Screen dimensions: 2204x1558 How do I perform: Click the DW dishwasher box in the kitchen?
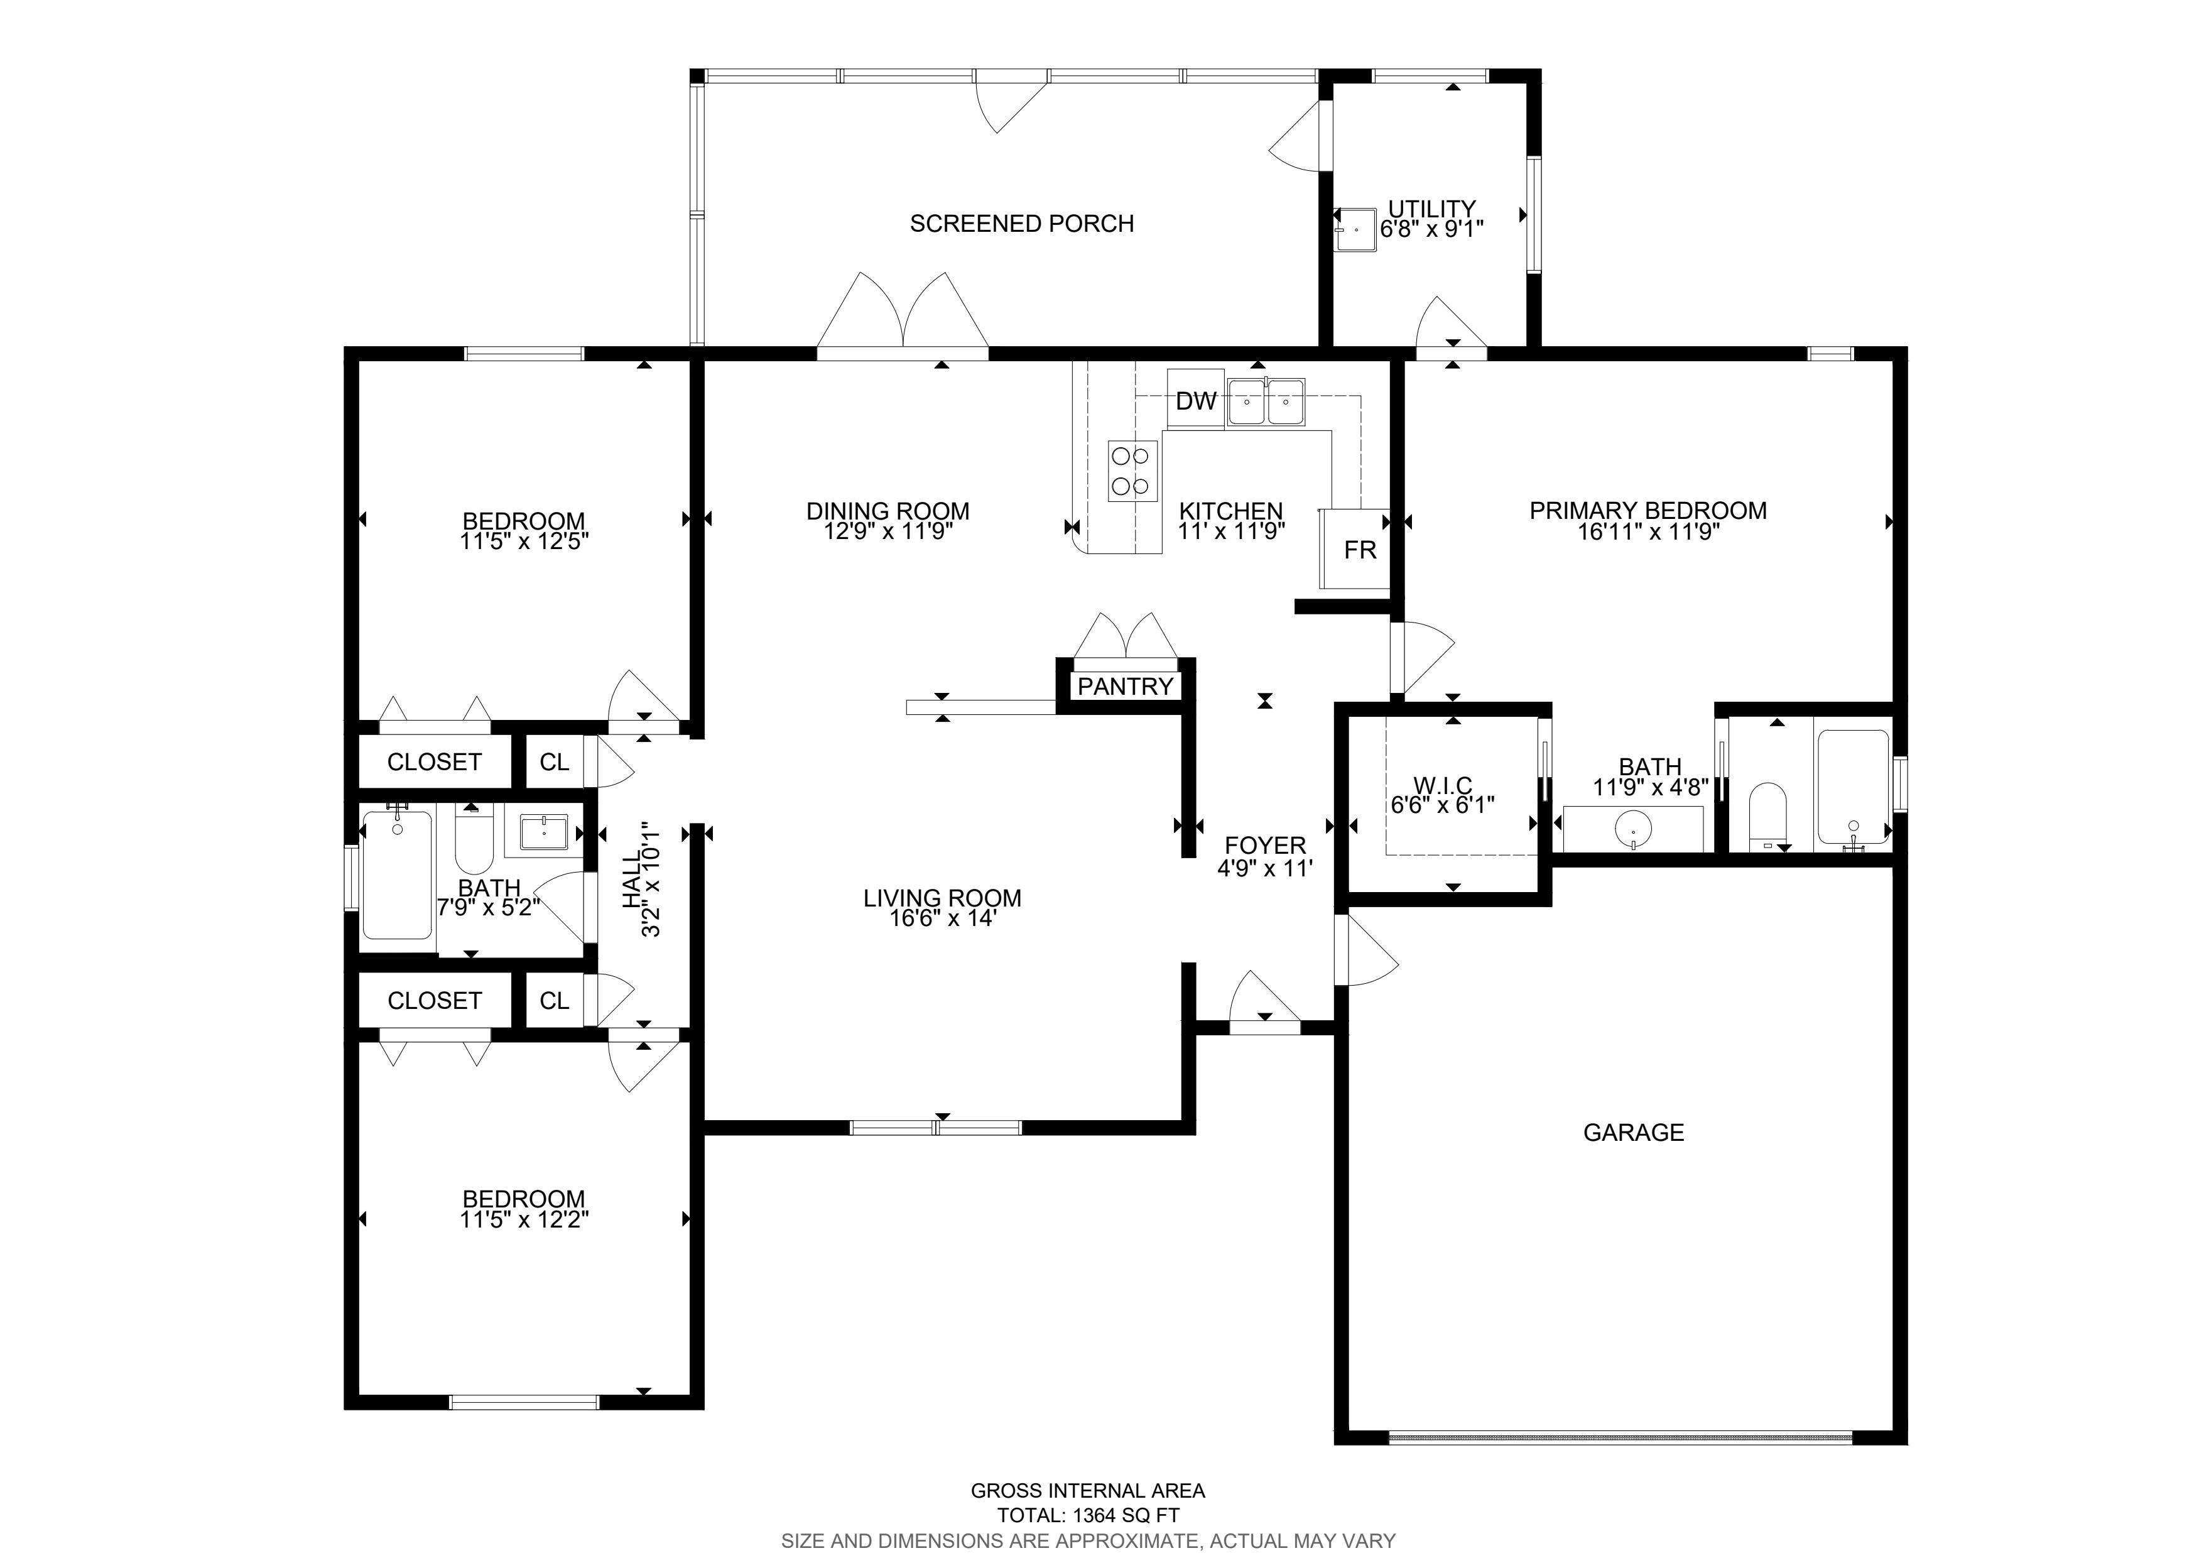(1196, 400)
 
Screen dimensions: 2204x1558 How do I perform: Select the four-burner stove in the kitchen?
(1132, 471)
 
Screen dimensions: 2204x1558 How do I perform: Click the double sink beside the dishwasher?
(1265, 401)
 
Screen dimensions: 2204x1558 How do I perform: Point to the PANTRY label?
(1125, 687)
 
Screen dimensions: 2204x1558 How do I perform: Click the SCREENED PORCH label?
(1021, 224)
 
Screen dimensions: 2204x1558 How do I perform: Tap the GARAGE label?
(1633, 1133)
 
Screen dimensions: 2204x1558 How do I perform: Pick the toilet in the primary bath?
(1767, 817)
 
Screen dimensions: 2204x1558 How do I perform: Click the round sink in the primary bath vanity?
(1632, 827)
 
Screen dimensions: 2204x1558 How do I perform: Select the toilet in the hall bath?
(473, 841)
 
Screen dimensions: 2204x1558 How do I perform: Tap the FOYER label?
(1265, 846)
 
